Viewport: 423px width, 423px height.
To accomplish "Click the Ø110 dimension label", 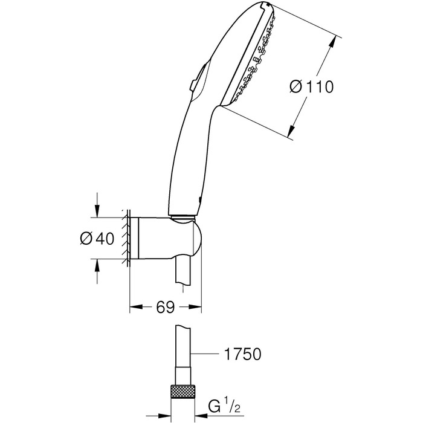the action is (x=312, y=87).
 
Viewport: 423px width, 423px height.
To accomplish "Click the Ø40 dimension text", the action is (x=97, y=238).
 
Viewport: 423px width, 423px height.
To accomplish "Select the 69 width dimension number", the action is (x=166, y=307).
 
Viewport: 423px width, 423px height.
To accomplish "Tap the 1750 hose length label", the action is (x=243, y=354).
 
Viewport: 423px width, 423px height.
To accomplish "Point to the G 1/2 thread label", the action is (x=224, y=405).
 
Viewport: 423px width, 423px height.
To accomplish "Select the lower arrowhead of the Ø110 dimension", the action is (x=291, y=131).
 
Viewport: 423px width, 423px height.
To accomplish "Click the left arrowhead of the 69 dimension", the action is (x=136, y=307).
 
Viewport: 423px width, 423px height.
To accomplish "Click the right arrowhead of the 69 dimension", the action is (x=195, y=307).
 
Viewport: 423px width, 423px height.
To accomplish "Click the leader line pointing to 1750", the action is (x=204, y=354).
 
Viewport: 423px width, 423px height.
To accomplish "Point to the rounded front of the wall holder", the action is (x=198, y=239).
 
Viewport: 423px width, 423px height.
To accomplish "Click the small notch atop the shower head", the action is (x=266, y=4).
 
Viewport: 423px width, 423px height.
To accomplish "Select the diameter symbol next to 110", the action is (x=296, y=87).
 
